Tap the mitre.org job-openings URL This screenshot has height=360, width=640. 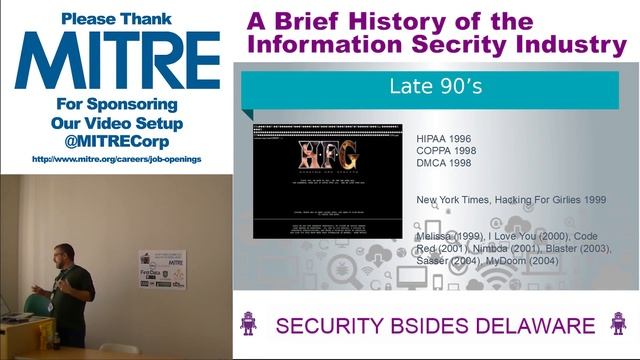point(116,158)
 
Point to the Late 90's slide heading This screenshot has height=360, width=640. point(436,87)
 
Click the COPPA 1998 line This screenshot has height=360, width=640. point(447,151)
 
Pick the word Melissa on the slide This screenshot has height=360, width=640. point(438,236)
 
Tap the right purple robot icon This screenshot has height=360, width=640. point(616,324)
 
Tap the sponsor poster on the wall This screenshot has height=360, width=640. point(164,270)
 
